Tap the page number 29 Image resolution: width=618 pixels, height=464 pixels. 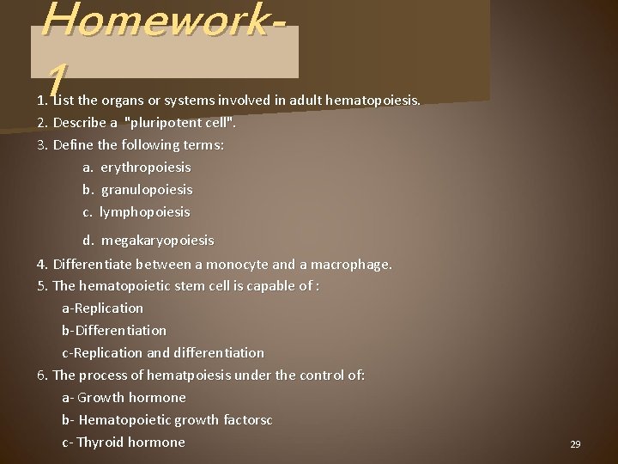click(575, 444)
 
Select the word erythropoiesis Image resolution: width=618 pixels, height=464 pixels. click(146, 167)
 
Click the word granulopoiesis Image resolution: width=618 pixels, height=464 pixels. click(147, 189)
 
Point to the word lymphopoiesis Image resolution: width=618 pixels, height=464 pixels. click(144, 211)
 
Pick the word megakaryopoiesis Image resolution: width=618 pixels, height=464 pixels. click(157, 240)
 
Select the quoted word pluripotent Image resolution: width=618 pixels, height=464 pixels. click(166, 122)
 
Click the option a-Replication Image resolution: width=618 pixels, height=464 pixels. click(102, 308)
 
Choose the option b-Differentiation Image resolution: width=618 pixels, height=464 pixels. click(114, 330)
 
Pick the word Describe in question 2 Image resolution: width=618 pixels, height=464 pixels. click(80, 122)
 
